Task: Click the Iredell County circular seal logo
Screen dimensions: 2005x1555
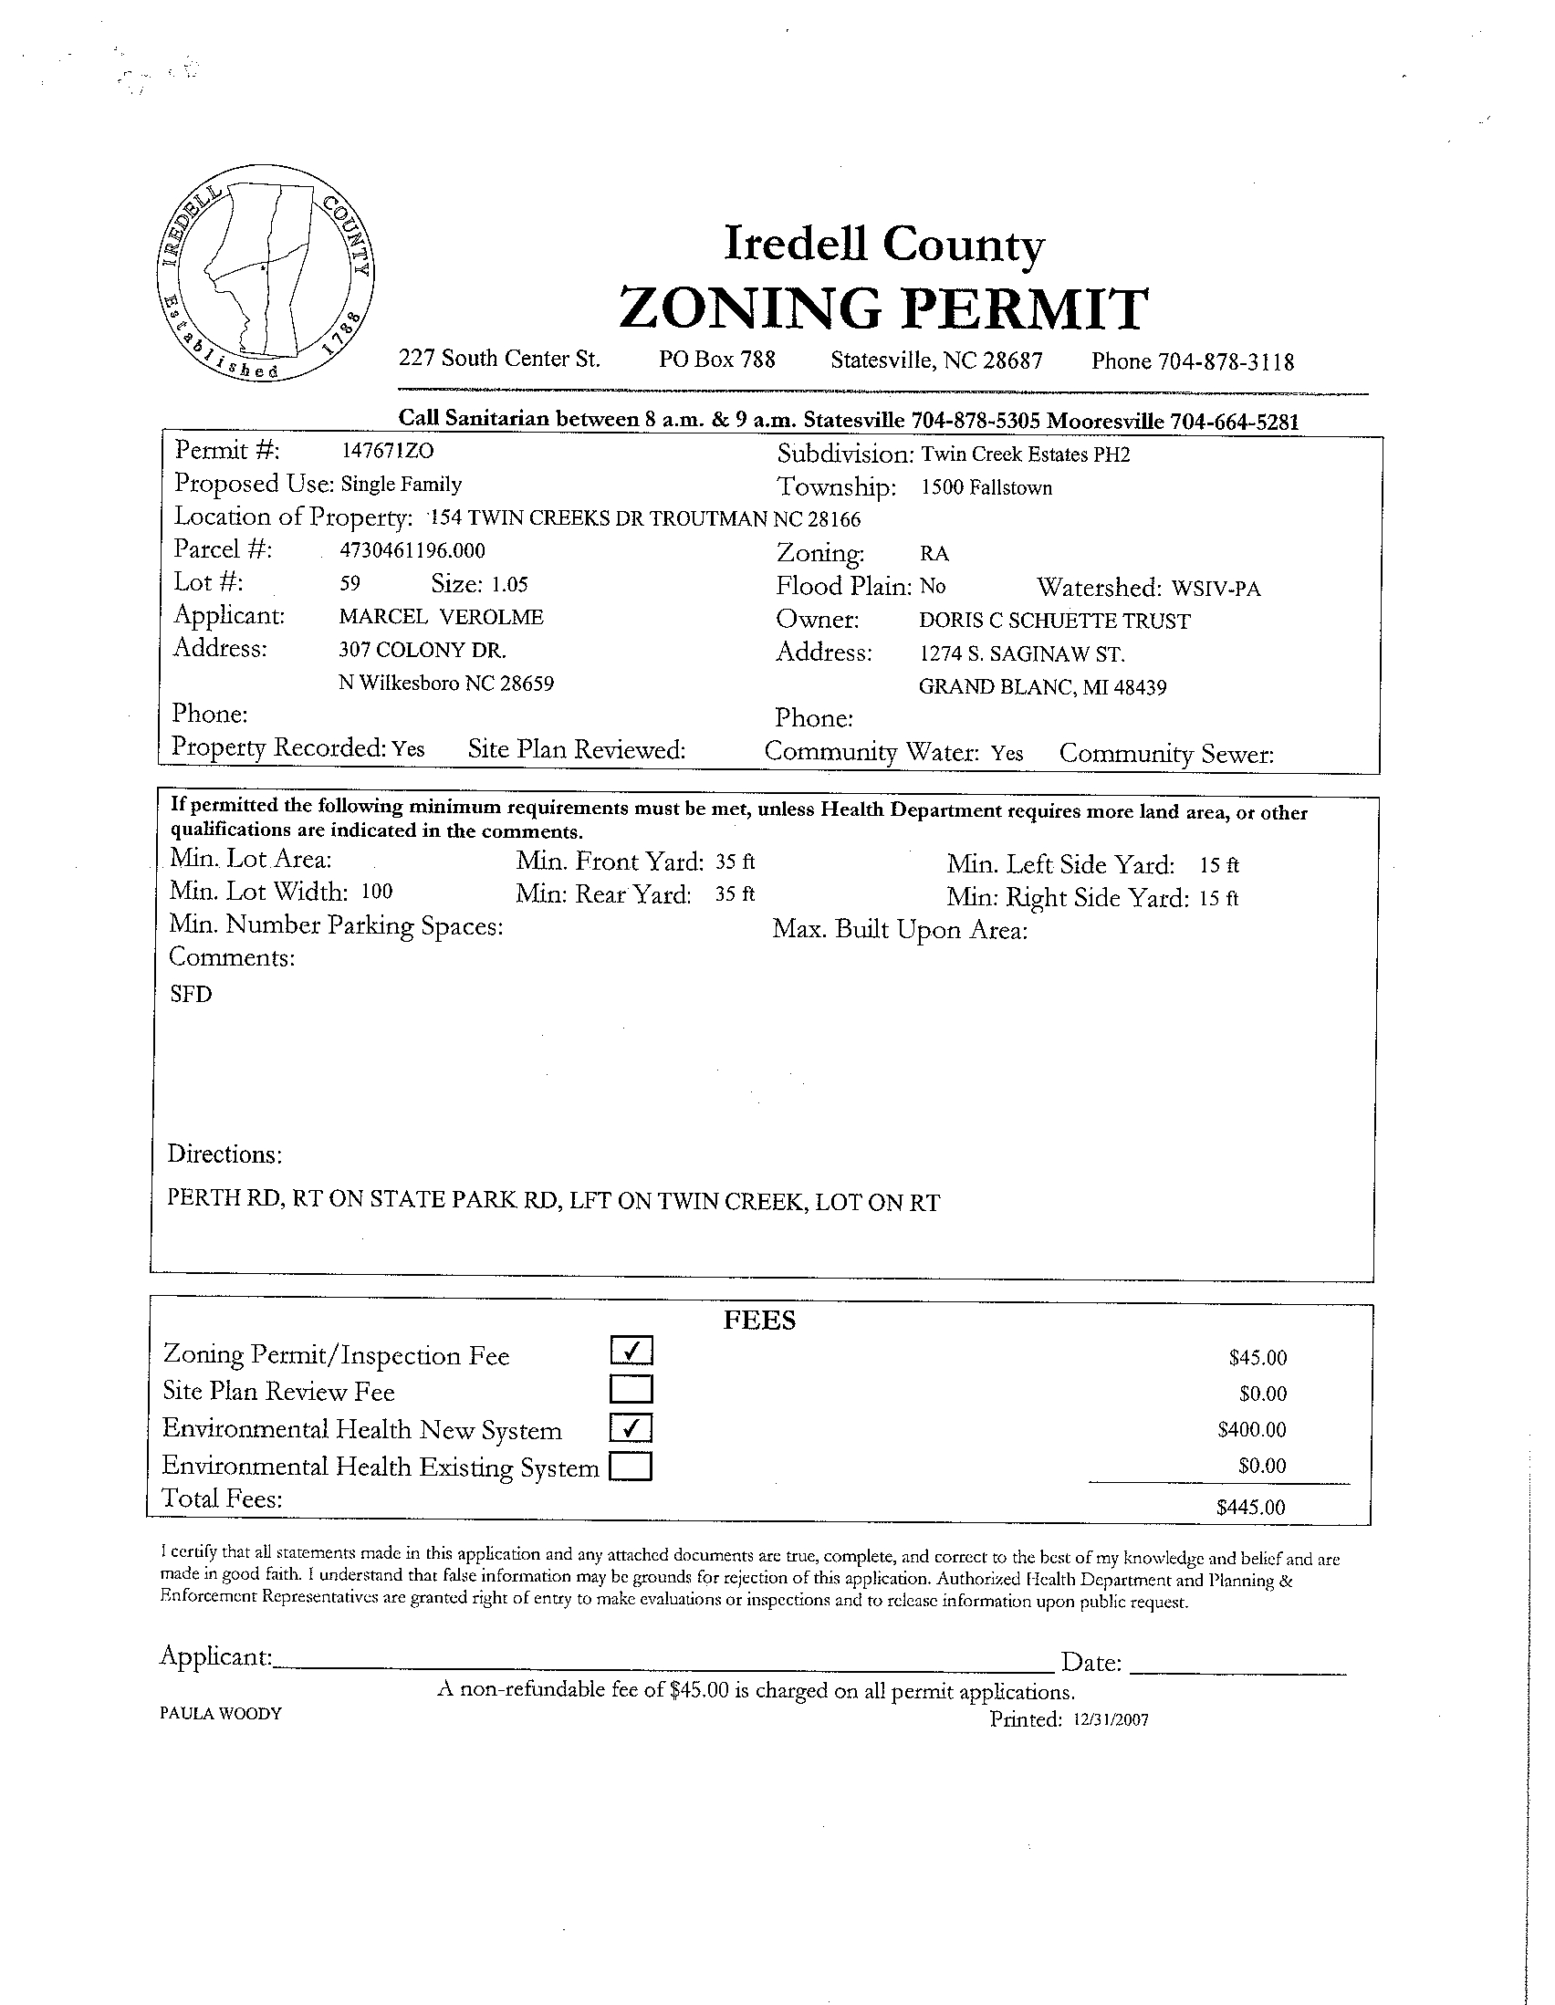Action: [x=265, y=273]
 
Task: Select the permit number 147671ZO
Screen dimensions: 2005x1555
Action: [x=386, y=451]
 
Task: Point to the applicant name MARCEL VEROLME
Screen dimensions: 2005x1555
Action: [x=441, y=617]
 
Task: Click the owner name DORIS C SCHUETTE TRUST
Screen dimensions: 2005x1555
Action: [x=1054, y=621]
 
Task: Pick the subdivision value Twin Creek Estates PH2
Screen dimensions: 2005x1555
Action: [x=1026, y=454]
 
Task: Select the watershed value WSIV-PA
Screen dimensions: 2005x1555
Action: [x=1216, y=589]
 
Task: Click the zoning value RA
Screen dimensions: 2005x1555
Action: [x=934, y=555]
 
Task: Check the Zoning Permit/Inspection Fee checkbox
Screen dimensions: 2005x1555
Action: [x=631, y=1352]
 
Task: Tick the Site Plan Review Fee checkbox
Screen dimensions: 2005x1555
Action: [x=631, y=1389]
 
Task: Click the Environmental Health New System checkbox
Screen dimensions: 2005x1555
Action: [x=631, y=1427]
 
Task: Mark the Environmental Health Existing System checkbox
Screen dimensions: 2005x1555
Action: [x=631, y=1466]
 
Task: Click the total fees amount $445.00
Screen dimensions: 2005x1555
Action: [x=1250, y=1507]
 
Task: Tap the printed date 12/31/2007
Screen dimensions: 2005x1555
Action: [x=1110, y=1720]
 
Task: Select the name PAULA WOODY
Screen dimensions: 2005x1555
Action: [x=220, y=1713]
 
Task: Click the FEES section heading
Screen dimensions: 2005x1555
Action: [x=759, y=1321]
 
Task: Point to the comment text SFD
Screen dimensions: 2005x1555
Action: [x=191, y=994]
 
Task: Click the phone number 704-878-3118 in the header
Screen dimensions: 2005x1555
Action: [x=1226, y=361]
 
